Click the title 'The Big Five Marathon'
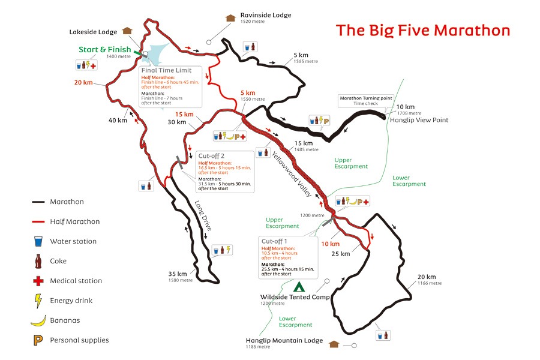pos(423,30)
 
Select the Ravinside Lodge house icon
pos(229,17)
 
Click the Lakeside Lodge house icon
pos(126,31)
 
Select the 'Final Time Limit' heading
pos(167,70)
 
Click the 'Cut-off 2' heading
pos(211,155)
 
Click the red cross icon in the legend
pos(38,281)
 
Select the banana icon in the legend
pos(38,320)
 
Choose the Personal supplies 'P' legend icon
pos(38,340)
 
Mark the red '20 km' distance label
pos(83,83)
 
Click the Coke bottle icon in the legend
pos(38,261)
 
